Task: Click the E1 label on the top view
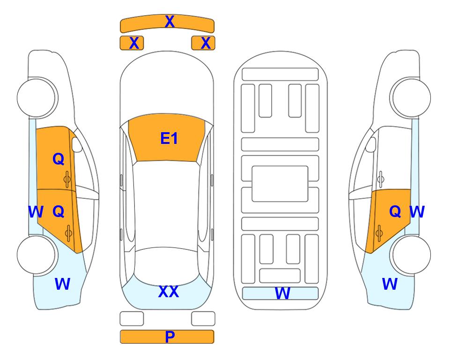point(169,138)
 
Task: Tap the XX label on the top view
point(169,292)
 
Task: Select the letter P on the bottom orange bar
point(170,337)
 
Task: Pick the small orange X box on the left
point(132,43)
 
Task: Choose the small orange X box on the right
point(203,43)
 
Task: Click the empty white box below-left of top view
point(132,319)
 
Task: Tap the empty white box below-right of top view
point(203,319)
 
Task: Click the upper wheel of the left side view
point(37,97)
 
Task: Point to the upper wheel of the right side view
point(410,97)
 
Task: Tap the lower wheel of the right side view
point(411,255)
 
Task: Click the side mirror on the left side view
point(76,144)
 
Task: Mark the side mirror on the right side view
point(371,144)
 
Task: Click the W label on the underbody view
point(282,293)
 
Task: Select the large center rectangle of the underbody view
point(280,184)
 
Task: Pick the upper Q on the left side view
point(59,159)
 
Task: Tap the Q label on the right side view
point(395,211)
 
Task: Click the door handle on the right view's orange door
point(379,233)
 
